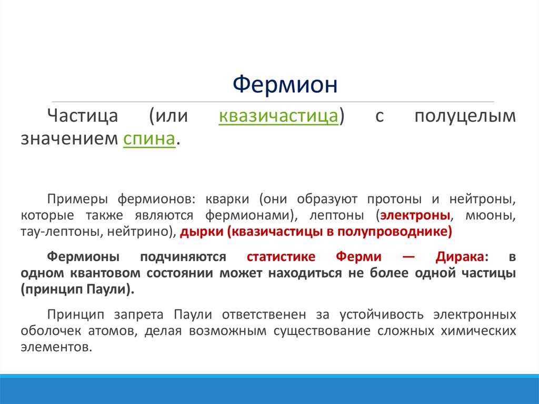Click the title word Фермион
coord(285,84)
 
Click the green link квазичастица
coord(278,116)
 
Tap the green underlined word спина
coord(149,139)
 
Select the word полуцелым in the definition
coord(465,116)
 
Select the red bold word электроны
coord(416,216)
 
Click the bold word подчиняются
coord(183,257)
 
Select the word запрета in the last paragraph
coord(139,315)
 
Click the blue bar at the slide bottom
coord(269,390)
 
